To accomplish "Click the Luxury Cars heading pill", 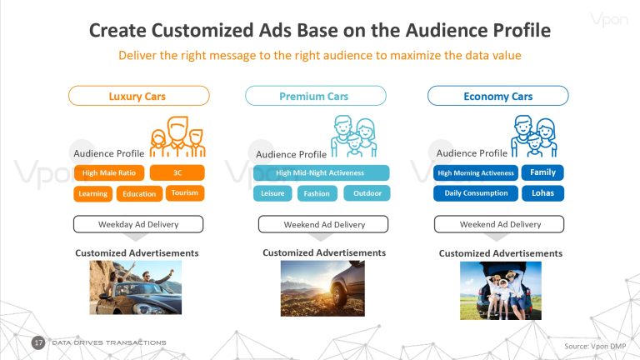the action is [x=139, y=96].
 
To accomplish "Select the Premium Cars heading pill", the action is [x=316, y=96].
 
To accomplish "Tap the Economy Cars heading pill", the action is [x=498, y=96].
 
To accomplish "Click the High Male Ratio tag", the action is [x=109, y=172].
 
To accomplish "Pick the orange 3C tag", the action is [x=177, y=172].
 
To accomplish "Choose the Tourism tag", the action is [x=185, y=193].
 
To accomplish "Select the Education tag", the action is [x=139, y=194].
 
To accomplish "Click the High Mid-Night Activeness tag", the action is [x=321, y=172].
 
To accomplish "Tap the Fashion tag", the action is [x=317, y=193].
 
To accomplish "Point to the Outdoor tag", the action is [x=367, y=193].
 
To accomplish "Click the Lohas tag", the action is [x=542, y=193].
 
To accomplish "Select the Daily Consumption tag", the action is [x=476, y=193].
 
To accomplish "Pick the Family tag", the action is [x=542, y=172].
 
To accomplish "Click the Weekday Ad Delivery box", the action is [x=138, y=224].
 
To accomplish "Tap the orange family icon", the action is [x=177, y=137].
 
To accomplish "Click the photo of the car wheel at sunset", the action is [x=322, y=288].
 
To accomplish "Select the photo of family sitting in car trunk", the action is [x=501, y=291].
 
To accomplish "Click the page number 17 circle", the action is [x=38, y=342].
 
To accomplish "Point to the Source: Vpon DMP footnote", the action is [x=595, y=346].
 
